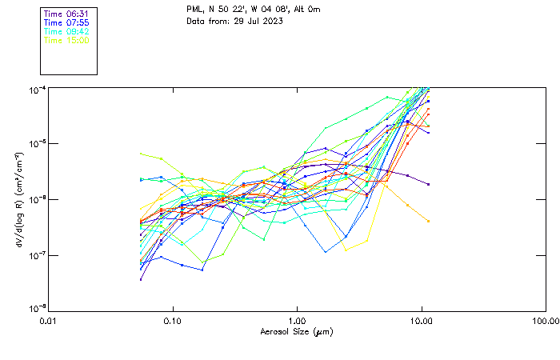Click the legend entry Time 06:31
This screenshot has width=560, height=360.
(66, 14)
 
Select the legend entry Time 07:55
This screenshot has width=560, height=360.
(66, 22)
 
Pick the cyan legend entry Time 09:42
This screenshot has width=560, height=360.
(66, 31)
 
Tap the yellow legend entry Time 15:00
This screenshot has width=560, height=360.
(66, 39)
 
